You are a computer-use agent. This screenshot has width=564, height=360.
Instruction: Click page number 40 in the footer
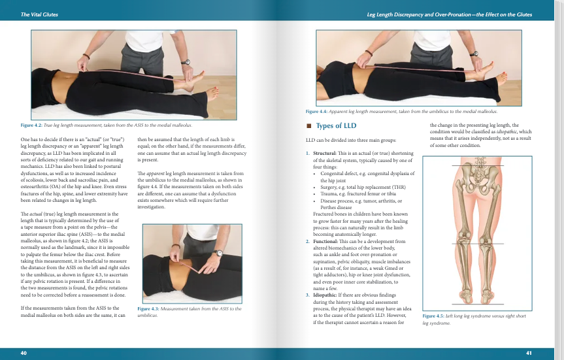click(24, 353)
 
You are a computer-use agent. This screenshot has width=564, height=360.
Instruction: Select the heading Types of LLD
click(336, 125)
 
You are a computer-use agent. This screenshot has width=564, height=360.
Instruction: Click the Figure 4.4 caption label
click(326, 112)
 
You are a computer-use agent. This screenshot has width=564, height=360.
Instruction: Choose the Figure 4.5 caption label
click(435, 316)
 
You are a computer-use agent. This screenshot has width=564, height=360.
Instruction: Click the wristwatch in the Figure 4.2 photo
click(186, 62)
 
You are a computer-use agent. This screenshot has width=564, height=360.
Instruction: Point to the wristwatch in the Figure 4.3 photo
click(217, 252)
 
